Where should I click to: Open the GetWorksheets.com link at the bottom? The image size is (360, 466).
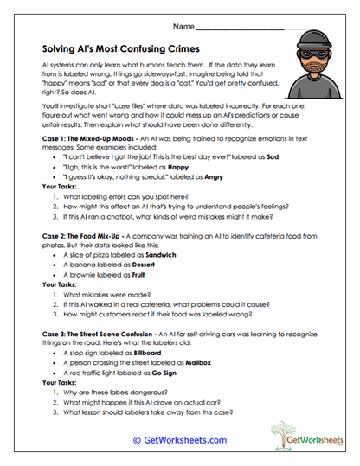(180, 440)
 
